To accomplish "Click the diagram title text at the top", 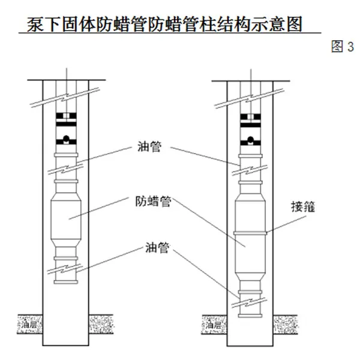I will tap(162, 25).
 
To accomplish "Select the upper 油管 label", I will tap(148, 146).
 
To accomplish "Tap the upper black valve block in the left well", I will tap(66, 116).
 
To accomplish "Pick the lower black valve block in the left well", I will tap(66, 142).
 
